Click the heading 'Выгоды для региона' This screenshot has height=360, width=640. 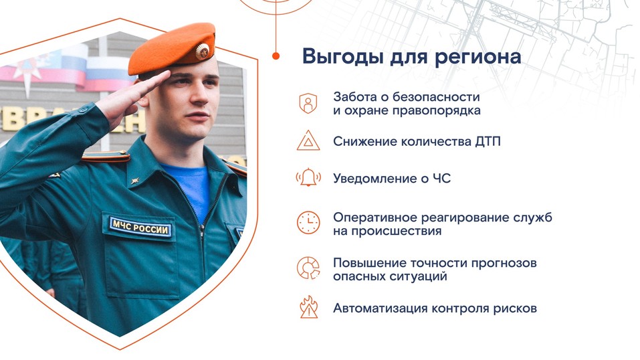(x=411, y=56)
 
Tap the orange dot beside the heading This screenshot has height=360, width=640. (x=276, y=56)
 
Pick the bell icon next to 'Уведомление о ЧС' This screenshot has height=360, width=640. (x=308, y=178)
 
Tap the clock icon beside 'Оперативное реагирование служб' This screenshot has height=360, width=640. (x=308, y=223)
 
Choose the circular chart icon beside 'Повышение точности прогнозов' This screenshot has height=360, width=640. (x=308, y=268)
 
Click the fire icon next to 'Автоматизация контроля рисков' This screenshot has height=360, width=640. (x=308, y=308)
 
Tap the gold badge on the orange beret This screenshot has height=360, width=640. (x=201, y=50)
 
